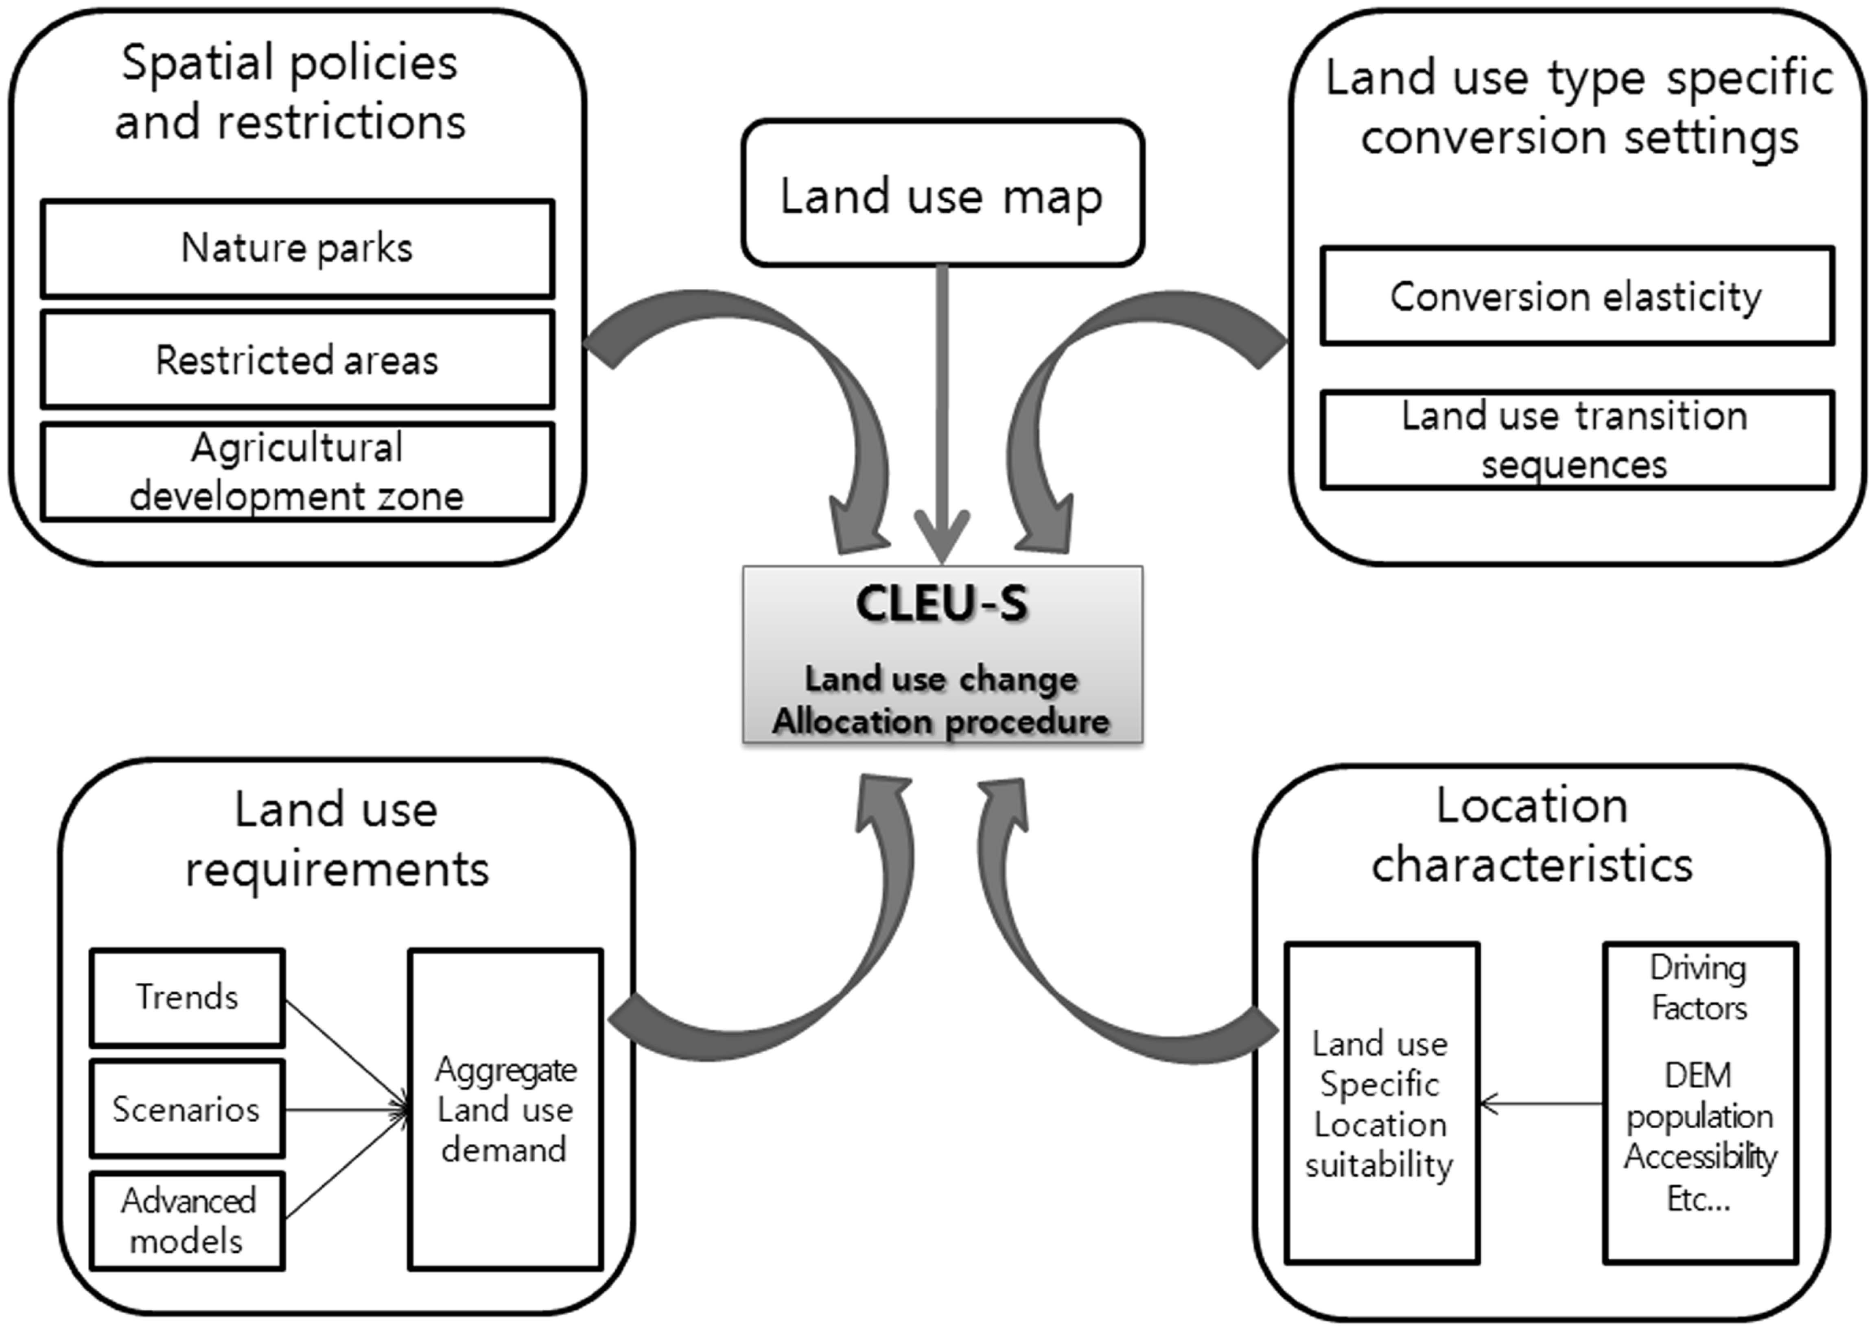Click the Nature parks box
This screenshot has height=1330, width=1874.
pos(297,248)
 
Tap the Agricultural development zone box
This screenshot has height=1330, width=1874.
pos(297,472)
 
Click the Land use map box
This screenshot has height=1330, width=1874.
pos(942,194)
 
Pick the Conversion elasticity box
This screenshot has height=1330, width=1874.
pos(1577,296)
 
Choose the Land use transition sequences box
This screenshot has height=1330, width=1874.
pos(1577,440)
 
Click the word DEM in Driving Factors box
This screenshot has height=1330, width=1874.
pos(1699,1075)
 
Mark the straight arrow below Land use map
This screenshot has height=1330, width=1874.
pos(942,409)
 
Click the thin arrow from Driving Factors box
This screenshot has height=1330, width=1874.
pos(1540,1104)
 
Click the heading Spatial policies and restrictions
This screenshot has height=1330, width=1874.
pos(290,92)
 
